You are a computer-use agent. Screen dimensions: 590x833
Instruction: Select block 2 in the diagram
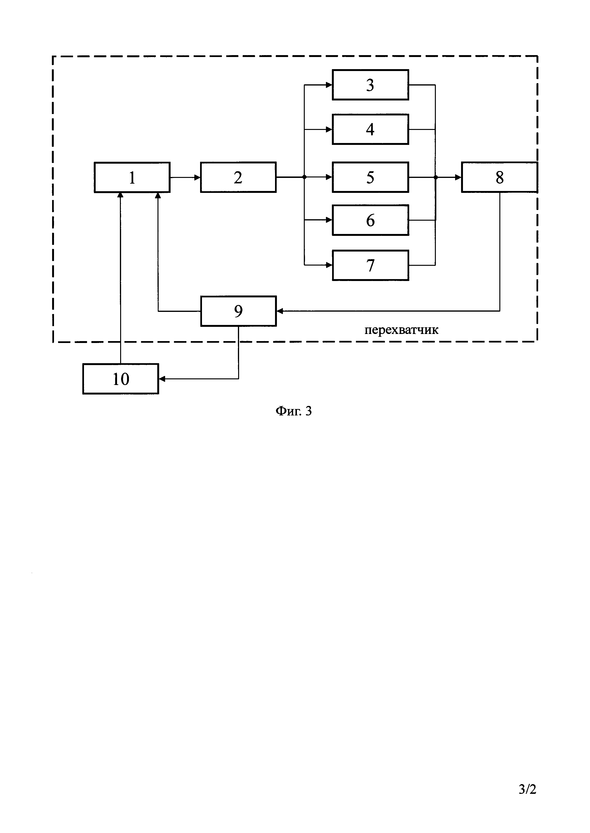(x=238, y=177)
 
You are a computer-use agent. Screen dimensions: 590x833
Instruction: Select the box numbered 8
(x=500, y=177)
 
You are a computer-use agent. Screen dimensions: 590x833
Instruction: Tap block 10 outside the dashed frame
(x=121, y=379)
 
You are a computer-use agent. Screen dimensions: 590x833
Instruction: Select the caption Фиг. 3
(x=294, y=411)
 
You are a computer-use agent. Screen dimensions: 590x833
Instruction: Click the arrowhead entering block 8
(x=458, y=177)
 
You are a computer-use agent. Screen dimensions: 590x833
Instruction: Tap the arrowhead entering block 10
(x=162, y=379)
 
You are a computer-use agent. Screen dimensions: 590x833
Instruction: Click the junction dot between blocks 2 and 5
(x=305, y=177)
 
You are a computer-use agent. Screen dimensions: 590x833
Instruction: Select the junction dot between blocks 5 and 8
(x=436, y=177)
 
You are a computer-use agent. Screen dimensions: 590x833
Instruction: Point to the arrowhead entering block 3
(x=329, y=85)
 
